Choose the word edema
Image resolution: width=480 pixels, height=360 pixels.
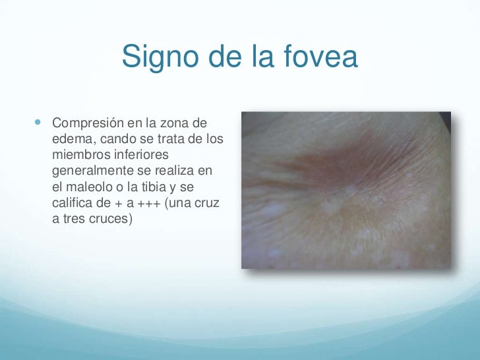pyautogui.click(x=71, y=140)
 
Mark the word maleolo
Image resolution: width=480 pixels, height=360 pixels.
pyautogui.click(x=90, y=187)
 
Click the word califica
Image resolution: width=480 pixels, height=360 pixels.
pyautogui.click(x=72, y=203)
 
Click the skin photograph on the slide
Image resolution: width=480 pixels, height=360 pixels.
pyautogui.click(x=346, y=190)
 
